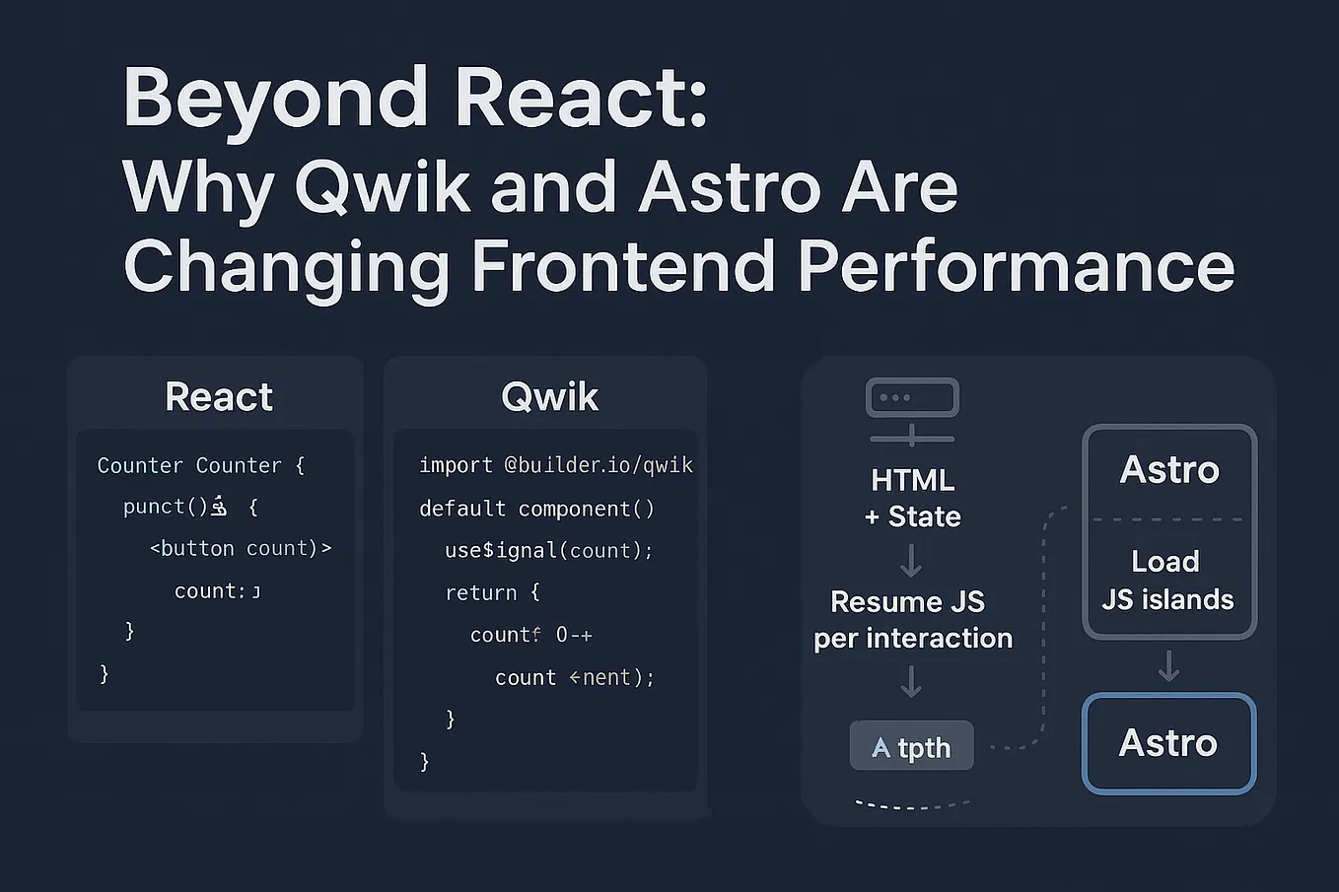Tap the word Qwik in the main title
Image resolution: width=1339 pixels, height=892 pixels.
click(x=383, y=187)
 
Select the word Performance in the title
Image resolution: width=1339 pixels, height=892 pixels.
click(x=1016, y=267)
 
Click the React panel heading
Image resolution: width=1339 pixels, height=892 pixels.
click(x=219, y=397)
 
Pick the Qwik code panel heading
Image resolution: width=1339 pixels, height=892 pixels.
click(x=549, y=397)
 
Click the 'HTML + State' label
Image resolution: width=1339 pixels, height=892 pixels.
click(x=913, y=498)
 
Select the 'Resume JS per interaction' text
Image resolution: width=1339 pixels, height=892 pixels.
click(x=913, y=620)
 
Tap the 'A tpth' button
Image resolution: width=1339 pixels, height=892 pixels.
click(x=912, y=747)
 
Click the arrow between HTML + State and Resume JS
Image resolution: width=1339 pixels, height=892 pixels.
click(x=912, y=561)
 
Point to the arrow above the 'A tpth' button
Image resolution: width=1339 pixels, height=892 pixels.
click(x=912, y=681)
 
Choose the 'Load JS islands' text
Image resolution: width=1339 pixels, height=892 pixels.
click(x=1167, y=581)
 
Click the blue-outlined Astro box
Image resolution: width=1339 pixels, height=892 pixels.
click(x=1168, y=743)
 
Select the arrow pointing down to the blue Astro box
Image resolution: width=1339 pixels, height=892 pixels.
click(x=1168, y=666)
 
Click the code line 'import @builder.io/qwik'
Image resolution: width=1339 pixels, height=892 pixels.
click(x=556, y=465)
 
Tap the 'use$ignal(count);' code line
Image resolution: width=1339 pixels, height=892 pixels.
click(x=548, y=550)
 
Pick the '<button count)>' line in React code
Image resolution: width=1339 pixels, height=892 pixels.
click(x=241, y=548)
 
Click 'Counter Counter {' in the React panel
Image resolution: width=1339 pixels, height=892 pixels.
click(x=201, y=465)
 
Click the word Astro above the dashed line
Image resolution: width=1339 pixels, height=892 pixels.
click(x=1169, y=470)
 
